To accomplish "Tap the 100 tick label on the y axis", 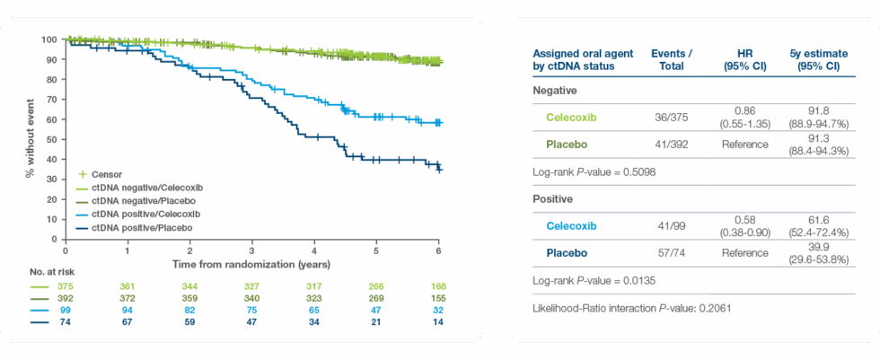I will [48, 40].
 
